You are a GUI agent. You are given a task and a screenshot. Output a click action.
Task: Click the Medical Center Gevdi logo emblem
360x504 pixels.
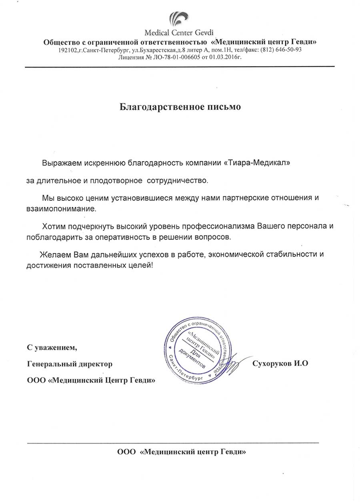(x=178, y=19)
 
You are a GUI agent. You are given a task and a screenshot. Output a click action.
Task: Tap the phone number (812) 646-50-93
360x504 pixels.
(x=280, y=50)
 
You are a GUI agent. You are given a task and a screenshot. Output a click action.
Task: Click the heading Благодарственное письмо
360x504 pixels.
(x=180, y=107)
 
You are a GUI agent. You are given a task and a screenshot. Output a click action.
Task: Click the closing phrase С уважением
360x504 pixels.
(x=51, y=347)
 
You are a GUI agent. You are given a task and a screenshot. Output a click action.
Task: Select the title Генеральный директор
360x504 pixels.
(x=70, y=364)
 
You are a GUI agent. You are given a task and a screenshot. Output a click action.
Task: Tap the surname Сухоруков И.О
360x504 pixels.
(x=281, y=363)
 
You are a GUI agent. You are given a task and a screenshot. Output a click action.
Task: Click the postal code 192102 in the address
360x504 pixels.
(x=66, y=50)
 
